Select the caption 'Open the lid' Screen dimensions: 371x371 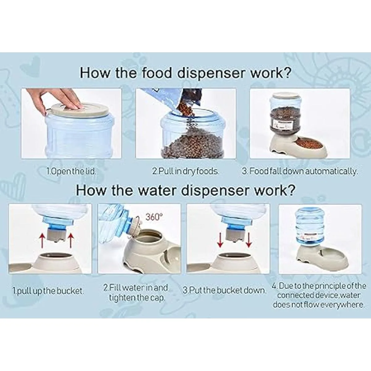pos(71,171)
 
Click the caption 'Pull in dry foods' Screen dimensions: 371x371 pos(185,171)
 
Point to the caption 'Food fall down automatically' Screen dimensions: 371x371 pos(300,171)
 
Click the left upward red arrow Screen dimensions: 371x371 pos(43,240)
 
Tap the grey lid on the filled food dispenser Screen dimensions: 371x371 pos(285,96)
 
